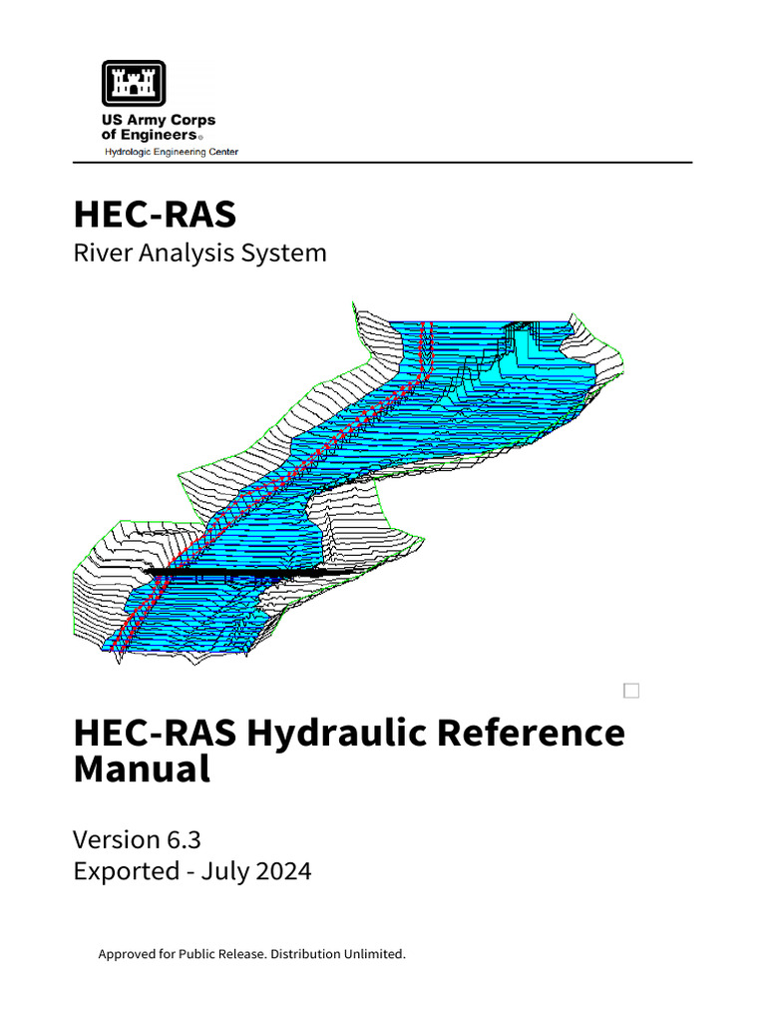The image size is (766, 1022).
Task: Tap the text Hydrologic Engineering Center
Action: tap(172, 152)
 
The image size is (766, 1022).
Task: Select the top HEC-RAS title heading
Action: tap(155, 214)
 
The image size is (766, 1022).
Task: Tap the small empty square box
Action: tap(630, 691)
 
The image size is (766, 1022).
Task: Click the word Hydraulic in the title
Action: tap(337, 734)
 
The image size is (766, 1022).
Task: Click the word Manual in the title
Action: tap(142, 770)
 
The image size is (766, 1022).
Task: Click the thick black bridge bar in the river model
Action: tap(239, 574)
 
